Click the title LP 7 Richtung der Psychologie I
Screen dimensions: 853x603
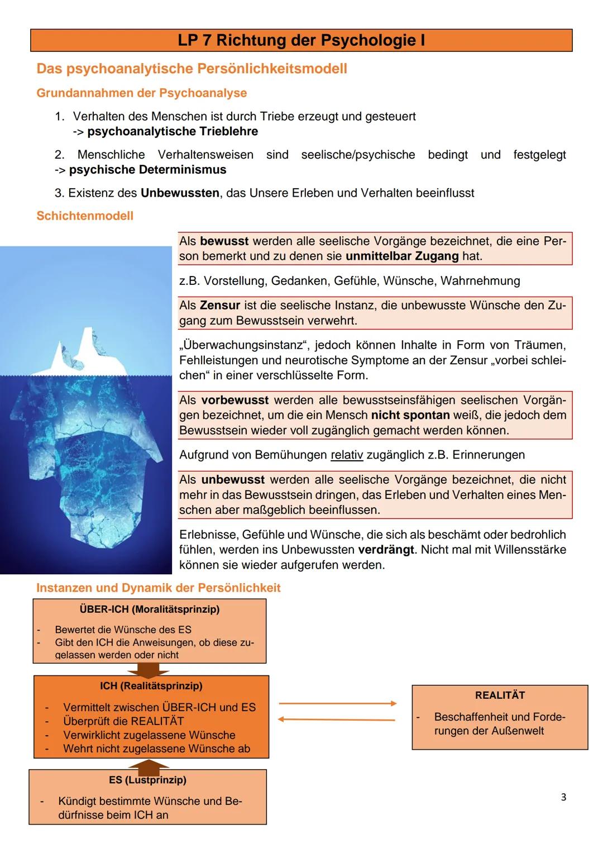tap(301, 41)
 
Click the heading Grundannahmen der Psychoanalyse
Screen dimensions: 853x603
tap(141, 93)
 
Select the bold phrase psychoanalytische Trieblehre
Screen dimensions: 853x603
tap(173, 132)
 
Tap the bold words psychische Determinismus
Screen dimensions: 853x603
tap(147, 170)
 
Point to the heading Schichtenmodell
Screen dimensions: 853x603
tap(85, 216)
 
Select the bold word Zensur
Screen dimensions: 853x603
tap(219, 306)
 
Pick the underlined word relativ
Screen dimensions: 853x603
tap(347, 455)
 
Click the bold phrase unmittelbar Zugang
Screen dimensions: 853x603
tap(402, 256)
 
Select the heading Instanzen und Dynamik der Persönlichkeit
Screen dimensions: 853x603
tap(158, 588)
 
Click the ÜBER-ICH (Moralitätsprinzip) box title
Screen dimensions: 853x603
tap(150, 609)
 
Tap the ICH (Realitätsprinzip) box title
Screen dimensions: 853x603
tap(151, 685)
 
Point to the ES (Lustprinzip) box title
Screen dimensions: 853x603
tap(147, 780)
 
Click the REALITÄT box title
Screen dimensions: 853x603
tap(500, 695)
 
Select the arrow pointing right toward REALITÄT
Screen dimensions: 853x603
tap(337, 703)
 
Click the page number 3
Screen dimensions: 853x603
tap(563, 797)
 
